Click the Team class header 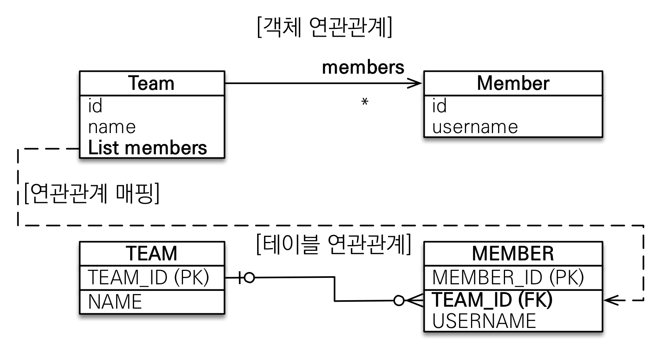[x=151, y=83]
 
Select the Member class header [x=513, y=83]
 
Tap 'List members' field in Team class [x=147, y=148]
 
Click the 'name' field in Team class [x=112, y=127]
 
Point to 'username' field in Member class [x=475, y=127]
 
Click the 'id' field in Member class [x=439, y=106]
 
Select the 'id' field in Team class [x=95, y=106]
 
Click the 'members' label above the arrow [x=363, y=67]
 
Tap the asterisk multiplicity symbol [x=365, y=102]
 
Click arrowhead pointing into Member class [x=416, y=83]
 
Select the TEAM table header [x=151, y=254]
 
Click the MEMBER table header [x=513, y=254]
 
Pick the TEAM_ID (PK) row [x=149, y=277]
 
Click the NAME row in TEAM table [x=115, y=302]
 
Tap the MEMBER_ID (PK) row [x=508, y=277]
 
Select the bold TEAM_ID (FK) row [x=492, y=300]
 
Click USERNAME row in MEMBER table [x=484, y=321]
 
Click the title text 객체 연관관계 [x=324, y=27]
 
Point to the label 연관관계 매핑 [x=92, y=193]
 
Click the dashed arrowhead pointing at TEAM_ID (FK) [x=610, y=300]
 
